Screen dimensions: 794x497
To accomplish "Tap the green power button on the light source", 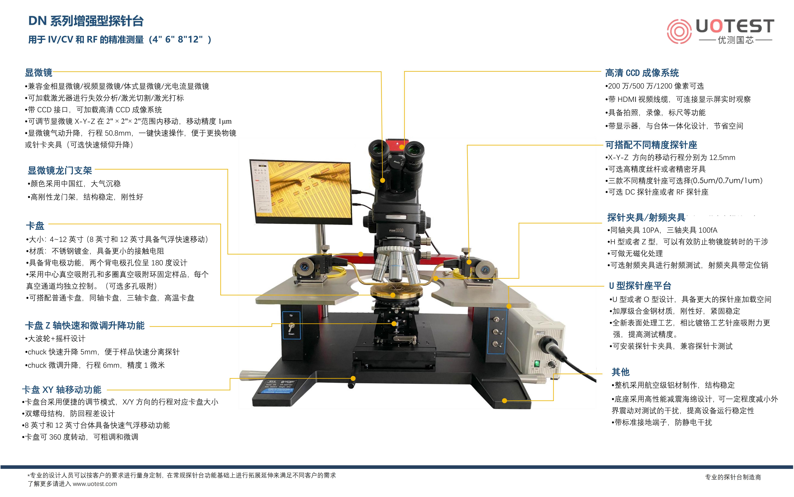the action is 537,364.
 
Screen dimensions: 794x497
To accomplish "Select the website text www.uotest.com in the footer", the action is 95,484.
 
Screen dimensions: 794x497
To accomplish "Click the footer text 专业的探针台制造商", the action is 733,477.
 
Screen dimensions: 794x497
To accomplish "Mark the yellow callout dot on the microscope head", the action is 382,180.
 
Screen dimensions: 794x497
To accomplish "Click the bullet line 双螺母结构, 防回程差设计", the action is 68,413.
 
